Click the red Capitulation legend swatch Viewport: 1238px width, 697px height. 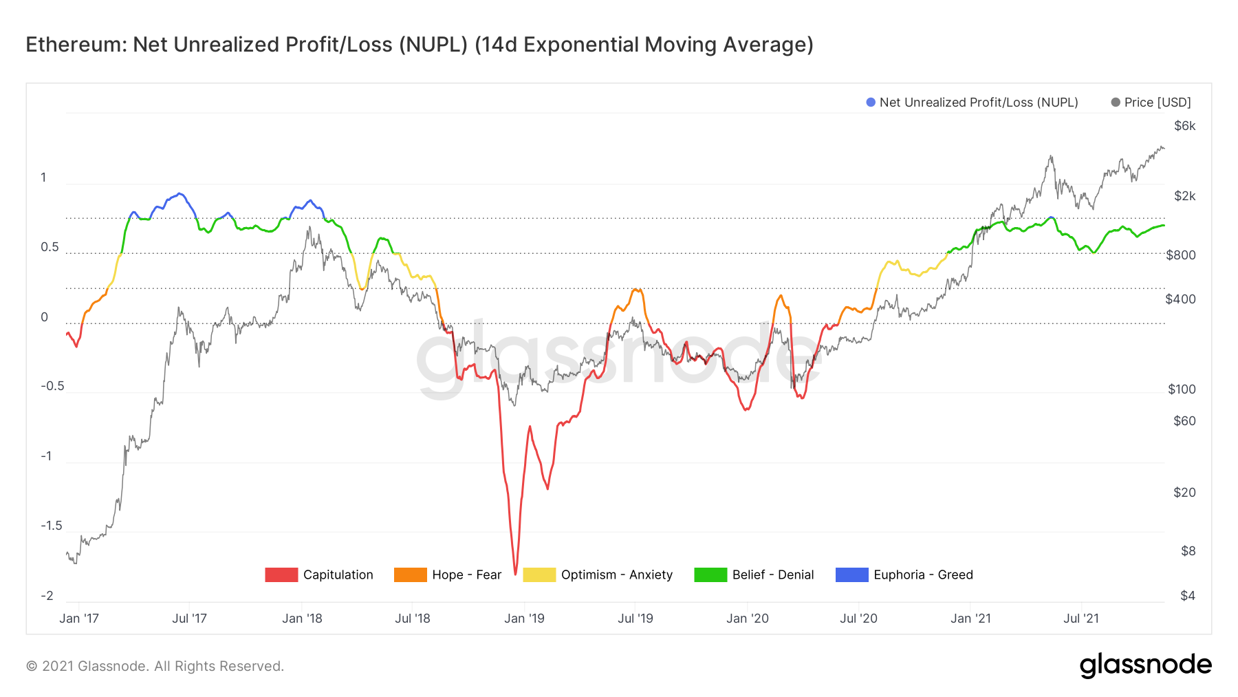pos(281,575)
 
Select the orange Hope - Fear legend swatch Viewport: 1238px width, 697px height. pos(410,575)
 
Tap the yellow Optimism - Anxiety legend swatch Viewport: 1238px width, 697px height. pos(539,575)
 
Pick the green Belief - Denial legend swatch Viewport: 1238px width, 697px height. pos(710,575)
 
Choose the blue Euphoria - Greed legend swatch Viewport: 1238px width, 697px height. pos(851,575)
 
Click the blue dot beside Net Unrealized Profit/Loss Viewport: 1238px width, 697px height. pos(871,103)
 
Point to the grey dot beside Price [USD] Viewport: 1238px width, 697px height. pos(1116,103)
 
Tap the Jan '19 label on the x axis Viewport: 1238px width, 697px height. pos(524,619)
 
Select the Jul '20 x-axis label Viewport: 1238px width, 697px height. pos(858,619)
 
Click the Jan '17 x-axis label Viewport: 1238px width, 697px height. pos(79,619)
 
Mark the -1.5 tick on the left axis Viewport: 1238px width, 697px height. pos(51,526)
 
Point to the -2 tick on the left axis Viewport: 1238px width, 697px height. pos(47,596)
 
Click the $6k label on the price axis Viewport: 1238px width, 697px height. pos(1184,126)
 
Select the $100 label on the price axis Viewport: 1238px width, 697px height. pos(1182,389)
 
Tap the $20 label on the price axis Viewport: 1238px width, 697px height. pos(1184,493)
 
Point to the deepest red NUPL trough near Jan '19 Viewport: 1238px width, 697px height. pos(515,574)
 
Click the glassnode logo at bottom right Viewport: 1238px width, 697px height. pos(1145,665)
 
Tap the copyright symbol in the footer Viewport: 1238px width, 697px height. pos(31,666)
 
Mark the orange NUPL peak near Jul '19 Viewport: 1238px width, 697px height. pos(636,290)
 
